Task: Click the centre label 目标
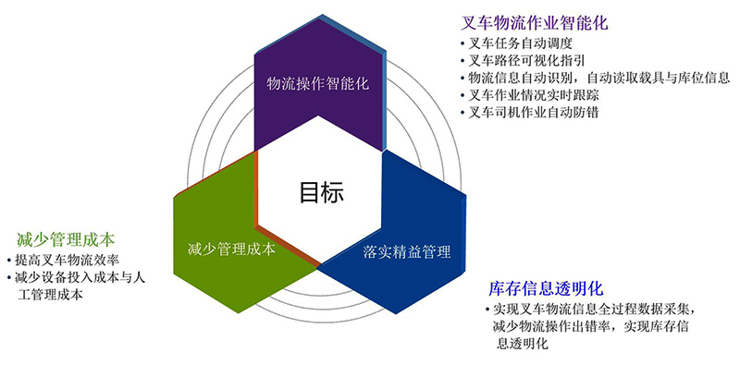coord(321,193)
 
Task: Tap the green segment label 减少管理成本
coord(230,249)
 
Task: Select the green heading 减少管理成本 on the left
coord(60,238)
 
